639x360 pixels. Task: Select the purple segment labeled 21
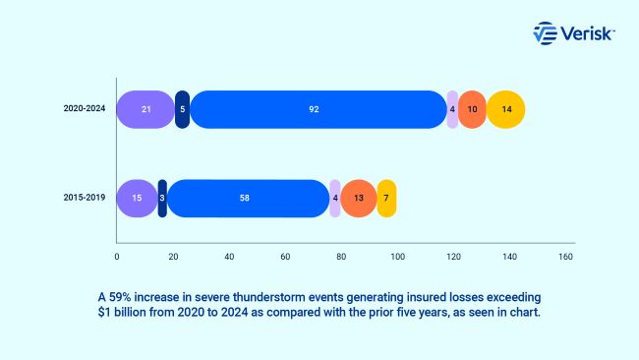point(145,109)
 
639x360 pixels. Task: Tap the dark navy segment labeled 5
point(182,109)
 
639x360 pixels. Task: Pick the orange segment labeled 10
point(472,109)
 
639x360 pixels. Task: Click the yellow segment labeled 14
point(505,109)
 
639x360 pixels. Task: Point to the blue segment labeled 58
point(244,198)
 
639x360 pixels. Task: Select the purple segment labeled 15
point(137,198)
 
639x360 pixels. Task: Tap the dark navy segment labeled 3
point(162,198)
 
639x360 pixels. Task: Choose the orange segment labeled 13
point(358,198)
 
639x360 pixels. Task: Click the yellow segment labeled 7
point(386,198)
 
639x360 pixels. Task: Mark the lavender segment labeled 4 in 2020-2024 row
point(452,109)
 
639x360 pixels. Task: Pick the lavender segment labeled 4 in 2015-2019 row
point(335,198)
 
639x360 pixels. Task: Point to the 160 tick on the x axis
point(566,257)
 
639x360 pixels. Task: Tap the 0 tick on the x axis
point(117,257)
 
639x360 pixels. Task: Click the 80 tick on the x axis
point(341,257)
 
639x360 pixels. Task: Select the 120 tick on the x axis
point(453,257)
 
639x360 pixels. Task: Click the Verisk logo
point(573,33)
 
